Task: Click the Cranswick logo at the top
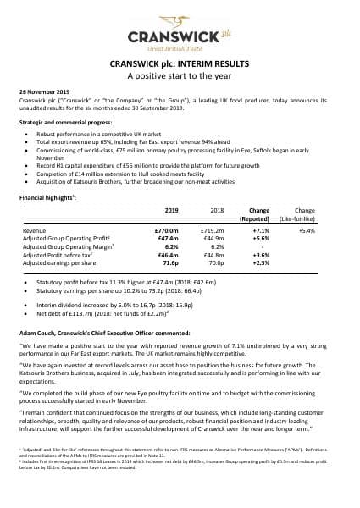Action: tap(180, 36)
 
